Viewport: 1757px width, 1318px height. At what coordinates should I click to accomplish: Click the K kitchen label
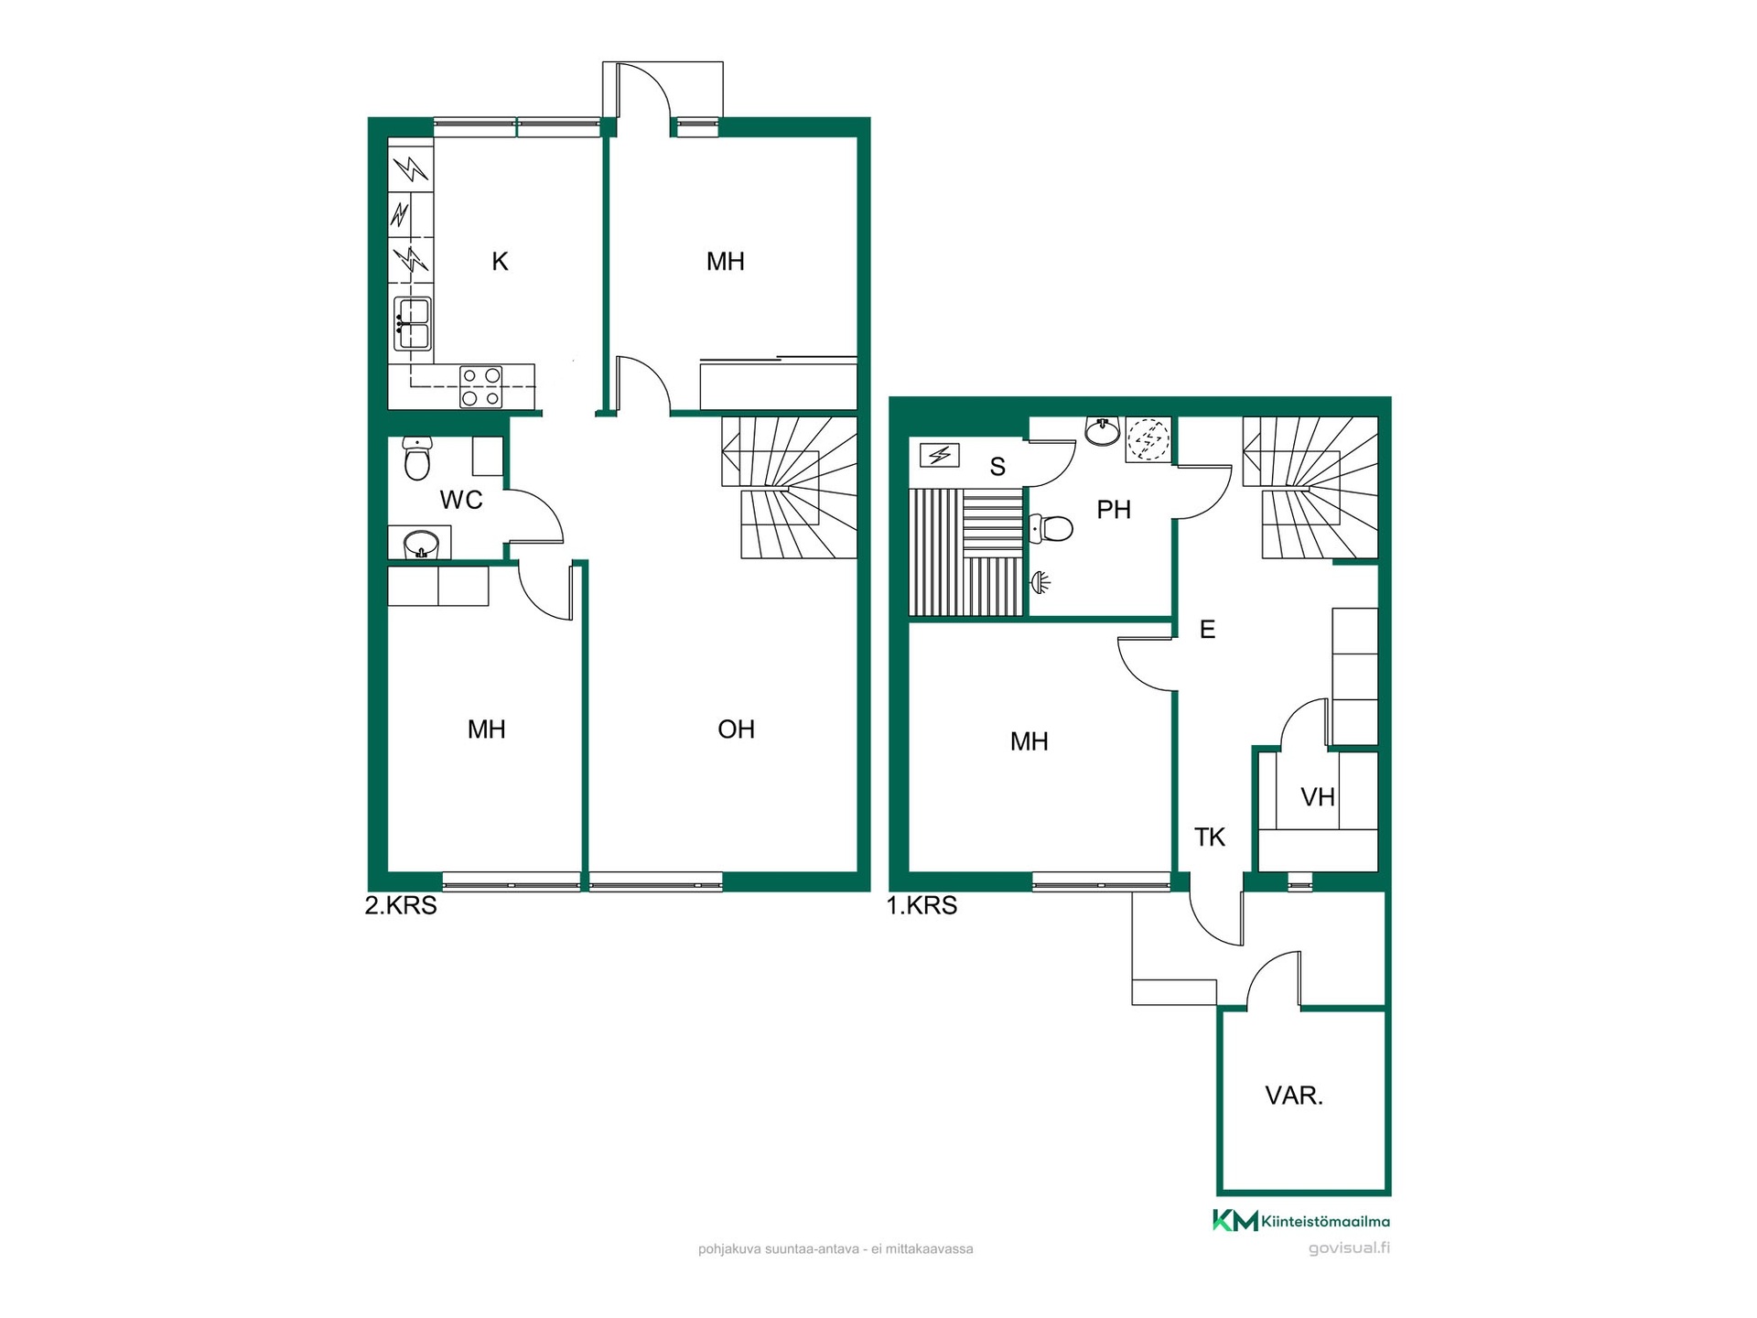coord(500,262)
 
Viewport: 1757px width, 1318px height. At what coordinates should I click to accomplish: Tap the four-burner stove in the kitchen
coord(481,387)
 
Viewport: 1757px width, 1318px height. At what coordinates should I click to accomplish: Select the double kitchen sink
coord(413,324)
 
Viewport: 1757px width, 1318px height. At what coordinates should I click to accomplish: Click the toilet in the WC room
coord(417,459)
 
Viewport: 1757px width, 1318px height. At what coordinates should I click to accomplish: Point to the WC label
coord(461,500)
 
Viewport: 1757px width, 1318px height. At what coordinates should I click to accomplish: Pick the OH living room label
coord(736,729)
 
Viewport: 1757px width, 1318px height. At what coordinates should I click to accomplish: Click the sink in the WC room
coord(421,543)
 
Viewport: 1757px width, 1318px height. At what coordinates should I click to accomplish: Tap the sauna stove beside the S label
coord(940,454)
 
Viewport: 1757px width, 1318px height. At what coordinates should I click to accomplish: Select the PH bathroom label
coord(1114,510)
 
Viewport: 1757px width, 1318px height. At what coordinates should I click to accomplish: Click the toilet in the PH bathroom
coord(1052,528)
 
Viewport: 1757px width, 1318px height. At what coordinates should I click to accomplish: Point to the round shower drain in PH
coord(1148,438)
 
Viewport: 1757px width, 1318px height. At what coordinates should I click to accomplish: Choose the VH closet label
coord(1318,797)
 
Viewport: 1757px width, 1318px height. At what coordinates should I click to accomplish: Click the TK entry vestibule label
coord(1210,837)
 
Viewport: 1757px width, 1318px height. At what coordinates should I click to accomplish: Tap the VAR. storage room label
coord(1294,1096)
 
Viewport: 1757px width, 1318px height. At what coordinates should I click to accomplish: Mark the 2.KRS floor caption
coord(401,906)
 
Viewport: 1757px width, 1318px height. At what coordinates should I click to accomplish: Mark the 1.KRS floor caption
coord(922,906)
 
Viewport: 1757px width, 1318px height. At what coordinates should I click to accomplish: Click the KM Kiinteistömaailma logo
coord(1301,1220)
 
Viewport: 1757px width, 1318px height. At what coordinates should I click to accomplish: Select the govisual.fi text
coord(1349,1248)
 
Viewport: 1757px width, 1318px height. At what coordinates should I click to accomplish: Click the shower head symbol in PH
coord(1040,580)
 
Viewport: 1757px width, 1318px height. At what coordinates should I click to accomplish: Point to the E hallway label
coord(1207,630)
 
